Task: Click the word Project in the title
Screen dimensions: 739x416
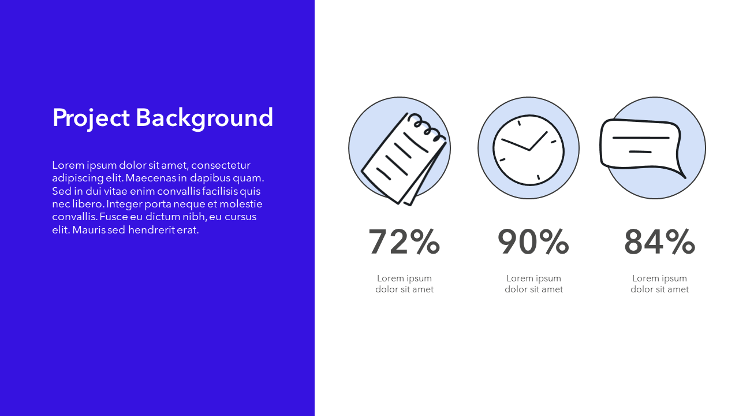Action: click(91, 118)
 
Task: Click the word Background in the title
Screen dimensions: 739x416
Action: click(204, 118)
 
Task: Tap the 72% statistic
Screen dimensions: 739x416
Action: click(404, 242)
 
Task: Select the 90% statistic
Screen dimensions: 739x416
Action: click(533, 242)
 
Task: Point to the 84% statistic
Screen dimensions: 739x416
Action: click(659, 242)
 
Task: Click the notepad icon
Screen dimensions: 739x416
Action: click(404, 159)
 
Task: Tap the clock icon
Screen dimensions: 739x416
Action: click(528, 150)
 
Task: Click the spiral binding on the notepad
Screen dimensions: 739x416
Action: click(427, 127)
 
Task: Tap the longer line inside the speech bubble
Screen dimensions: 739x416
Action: click(641, 138)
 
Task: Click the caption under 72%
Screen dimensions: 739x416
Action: click(404, 284)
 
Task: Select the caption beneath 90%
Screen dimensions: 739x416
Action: click(533, 284)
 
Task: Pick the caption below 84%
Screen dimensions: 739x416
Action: click(659, 284)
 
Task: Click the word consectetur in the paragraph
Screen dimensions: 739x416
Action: click(221, 165)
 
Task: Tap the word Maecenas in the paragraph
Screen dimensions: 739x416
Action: click(151, 178)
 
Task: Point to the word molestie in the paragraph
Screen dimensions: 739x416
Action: click(241, 204)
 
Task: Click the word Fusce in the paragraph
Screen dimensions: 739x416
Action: click(114, 217)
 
